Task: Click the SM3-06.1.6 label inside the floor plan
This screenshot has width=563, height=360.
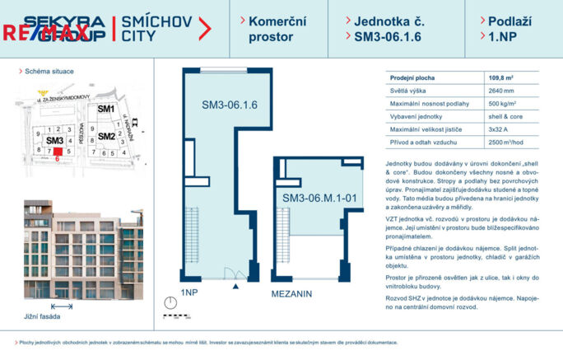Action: pyautogui.click(x=230, y=105)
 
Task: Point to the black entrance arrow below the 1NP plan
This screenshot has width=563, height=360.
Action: pyautogui.click(x=236, y=286)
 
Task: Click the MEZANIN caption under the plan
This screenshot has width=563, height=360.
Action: pyautogui.click(x=295, y=292)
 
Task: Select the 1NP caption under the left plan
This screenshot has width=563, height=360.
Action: pyautogui.click(x=188, y=292)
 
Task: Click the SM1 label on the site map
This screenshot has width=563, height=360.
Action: pyautogui.click(x=105, y=109)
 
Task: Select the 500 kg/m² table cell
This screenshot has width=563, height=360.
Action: pyautogui.click(x=503, y=103)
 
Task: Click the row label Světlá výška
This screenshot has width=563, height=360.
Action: pyautogui.click(x=408, y=90)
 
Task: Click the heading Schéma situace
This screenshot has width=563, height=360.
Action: pyautogui.click(x=49, y=72)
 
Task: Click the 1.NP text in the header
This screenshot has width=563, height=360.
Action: pyautogui.click(x=502, y=36)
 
